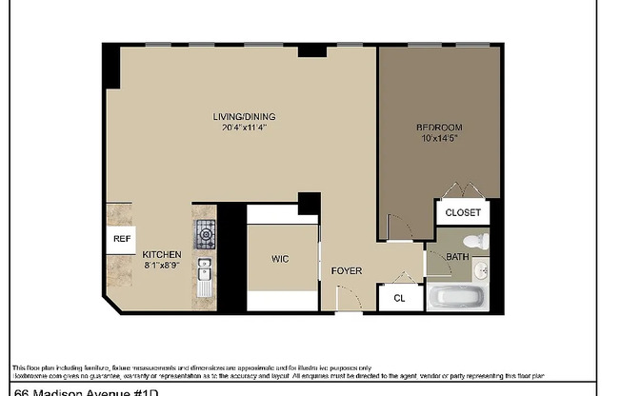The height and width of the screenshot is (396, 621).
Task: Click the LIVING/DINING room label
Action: tap(237, 118)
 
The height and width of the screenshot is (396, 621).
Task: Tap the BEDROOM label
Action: tap(439, 128)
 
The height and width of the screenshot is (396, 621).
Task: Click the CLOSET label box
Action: tap(463, 212)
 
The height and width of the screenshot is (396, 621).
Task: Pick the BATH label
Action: tap(458, 256)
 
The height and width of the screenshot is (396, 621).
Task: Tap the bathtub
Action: tap(458, 296)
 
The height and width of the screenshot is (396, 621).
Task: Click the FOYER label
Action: tap(346, 271)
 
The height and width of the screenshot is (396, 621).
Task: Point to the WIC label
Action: tap(280, 259)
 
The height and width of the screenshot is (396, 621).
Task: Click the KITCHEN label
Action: tap(162, 255)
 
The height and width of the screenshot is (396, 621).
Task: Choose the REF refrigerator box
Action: tap(122, 239)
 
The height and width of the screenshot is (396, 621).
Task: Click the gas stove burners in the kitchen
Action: tap(206, 232)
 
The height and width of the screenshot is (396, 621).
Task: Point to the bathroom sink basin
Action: tap(482, 271)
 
